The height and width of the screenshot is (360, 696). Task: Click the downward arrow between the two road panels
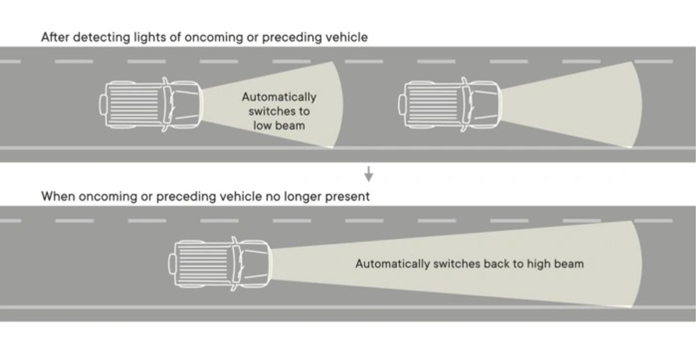click(x=369, y=174)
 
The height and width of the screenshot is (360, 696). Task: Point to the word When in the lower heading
click(x=58, y=197)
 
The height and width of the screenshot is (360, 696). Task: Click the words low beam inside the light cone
click(x=279, y=126)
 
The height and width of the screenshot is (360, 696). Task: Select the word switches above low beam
click(x=279, y=111)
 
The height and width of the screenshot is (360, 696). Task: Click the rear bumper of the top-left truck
click(x=102, y=105)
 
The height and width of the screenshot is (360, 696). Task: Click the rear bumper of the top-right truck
click(x=401, y=105)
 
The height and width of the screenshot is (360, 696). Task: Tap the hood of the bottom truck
click(x=254, y=264)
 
